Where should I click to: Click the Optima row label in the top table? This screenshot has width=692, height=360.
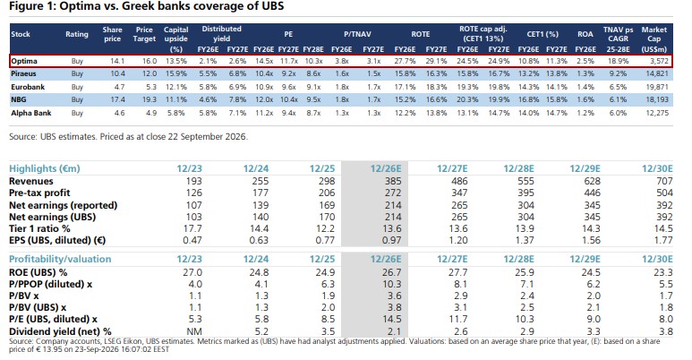pos(24,61)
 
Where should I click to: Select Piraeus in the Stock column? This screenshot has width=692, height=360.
pos(23,73)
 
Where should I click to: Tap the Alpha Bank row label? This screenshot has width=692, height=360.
pos(31,113)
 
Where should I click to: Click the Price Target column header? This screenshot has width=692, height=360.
pos(144,34)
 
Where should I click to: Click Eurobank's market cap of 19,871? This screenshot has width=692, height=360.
pos(656,87)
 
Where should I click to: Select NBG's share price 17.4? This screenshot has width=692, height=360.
pos(118,99)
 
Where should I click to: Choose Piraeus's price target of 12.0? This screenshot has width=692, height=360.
pos(150,73)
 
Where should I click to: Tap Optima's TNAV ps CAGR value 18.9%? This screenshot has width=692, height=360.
pos(618,61)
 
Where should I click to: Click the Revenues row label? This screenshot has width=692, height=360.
pos(31,181)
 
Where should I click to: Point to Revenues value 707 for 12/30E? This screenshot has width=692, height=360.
pos(664,181)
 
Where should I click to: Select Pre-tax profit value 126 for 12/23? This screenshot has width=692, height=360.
pos(193,193)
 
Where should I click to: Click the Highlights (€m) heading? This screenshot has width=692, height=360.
pos(45,168)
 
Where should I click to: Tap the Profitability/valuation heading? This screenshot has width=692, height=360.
pos(60,260)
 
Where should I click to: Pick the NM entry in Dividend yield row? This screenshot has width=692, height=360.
pos(194,331)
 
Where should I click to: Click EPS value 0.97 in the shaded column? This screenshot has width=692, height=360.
pos(391,240)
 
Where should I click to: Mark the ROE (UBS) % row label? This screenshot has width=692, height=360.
pos(38,272)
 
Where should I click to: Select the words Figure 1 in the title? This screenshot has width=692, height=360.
pos(30,6)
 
